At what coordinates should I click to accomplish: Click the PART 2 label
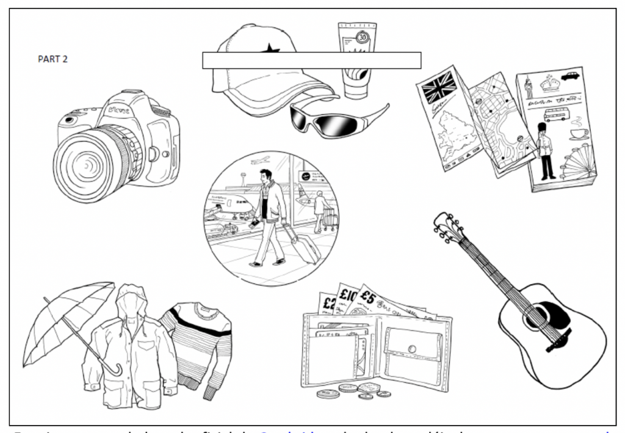(52, 59)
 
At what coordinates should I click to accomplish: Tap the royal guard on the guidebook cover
(545, 150)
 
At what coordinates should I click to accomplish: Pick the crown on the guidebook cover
(549, 83)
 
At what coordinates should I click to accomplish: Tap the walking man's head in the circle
(265, 176)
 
